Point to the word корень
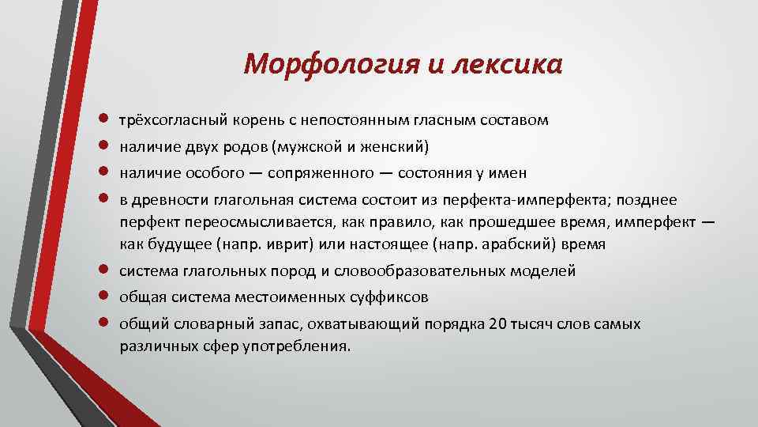point(248,121)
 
